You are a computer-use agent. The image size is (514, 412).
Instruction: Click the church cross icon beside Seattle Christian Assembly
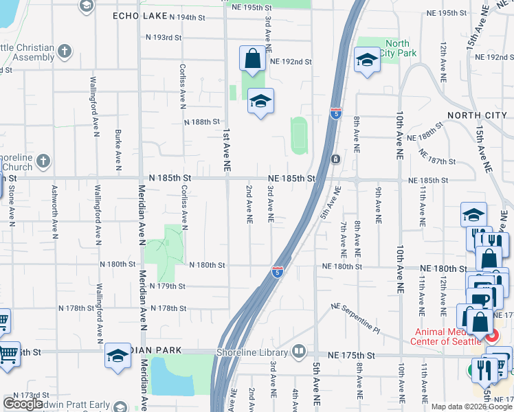(x=65, y=51)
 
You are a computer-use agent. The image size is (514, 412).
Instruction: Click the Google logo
(x=23, y=404)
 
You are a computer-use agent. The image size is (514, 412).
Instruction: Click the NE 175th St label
(x=352, y=356)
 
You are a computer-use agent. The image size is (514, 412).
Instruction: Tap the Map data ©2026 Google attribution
(x=471, y=407)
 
